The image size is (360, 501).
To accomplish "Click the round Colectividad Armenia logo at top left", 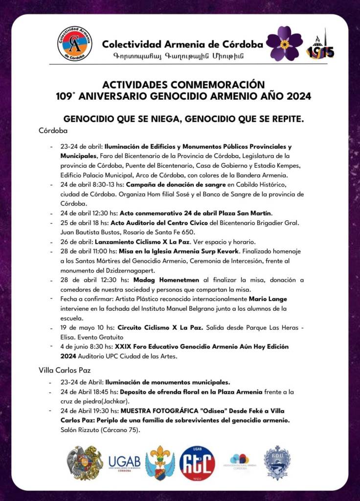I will (74, 44).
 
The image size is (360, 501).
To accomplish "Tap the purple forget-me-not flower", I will (284, 44).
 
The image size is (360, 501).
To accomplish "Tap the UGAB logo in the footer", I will (124, 462).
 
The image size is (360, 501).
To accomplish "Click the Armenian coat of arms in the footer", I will (85, 462).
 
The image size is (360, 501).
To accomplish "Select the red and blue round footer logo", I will (197, 463).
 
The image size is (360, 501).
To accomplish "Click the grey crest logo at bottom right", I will (277, 462).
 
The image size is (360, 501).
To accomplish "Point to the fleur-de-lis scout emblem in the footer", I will (159, 462).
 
